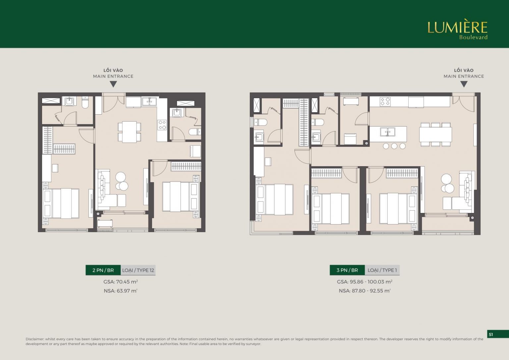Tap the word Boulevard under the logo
click(473, 37)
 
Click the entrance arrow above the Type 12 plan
click(113, 84)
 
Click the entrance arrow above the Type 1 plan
click(464, 84)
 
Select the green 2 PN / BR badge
click(103, 270)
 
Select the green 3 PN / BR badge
click(347, 270)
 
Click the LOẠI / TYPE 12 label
click(138, 270)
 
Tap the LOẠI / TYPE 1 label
click(382, 270)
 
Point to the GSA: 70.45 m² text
click(121, 282)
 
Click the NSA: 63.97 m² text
click(120, 291)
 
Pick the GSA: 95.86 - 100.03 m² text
click(365, 282)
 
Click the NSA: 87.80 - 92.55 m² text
click(365, 291)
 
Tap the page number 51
click(491, 334)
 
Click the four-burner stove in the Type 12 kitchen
click(162, 125)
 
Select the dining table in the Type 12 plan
click(129, 132)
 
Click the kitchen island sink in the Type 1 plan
click(387, 131)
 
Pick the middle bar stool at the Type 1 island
click(394, 146)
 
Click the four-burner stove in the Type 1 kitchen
click(385, 101)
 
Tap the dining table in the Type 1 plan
click(435, 134)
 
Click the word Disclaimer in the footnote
click(35, 339)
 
